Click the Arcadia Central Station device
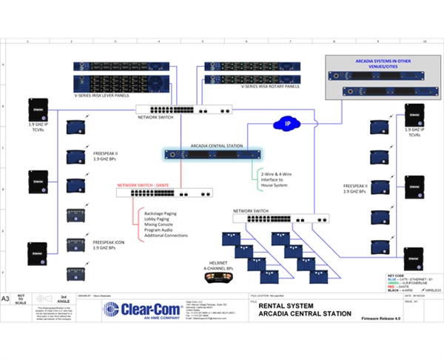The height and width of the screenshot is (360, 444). pos(214,155)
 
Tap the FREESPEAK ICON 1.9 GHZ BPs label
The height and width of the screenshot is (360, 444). pos(111,244)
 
